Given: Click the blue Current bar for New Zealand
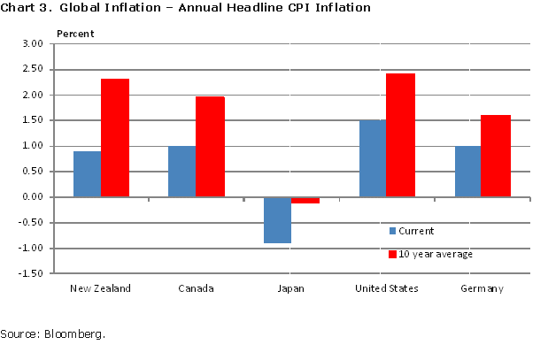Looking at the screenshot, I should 87,174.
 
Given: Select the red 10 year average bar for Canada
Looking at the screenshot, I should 210,147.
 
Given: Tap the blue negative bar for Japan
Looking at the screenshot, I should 277,219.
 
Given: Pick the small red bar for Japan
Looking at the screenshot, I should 305,200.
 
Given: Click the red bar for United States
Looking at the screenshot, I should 400,135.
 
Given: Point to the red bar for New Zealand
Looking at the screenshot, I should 115,138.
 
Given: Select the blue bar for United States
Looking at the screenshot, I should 373,158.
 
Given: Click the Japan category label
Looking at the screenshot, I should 292,288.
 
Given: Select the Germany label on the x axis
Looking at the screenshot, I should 482,288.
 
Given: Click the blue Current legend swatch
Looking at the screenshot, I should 392,231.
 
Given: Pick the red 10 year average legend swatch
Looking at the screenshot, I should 392,255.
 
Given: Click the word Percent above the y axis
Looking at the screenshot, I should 75,34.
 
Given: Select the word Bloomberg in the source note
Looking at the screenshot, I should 76,334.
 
